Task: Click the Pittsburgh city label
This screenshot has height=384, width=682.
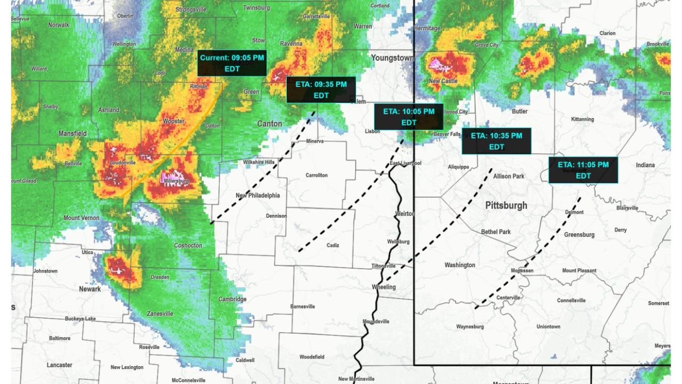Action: point(506,205)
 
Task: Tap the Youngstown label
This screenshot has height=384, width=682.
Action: point(393,58)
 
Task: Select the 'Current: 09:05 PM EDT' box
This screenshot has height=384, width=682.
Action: point(232,63)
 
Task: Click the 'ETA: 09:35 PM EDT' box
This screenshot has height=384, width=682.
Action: point(321,90)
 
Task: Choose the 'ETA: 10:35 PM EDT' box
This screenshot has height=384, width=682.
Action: point(496,141)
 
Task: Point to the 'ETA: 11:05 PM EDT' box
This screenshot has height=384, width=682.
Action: point(583,170)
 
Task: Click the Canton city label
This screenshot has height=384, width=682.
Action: point(270,124)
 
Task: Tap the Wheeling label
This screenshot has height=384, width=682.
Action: point(384,287)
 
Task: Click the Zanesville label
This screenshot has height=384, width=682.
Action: point(160,314)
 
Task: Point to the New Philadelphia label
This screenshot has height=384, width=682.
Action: point(258,195)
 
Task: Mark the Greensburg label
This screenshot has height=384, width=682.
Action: point(579,235)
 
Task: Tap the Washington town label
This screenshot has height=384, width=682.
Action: point(460,265)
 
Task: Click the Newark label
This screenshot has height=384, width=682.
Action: point(90,289)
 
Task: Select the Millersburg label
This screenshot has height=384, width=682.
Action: point(177,181)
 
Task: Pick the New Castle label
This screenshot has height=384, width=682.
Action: point(443,81)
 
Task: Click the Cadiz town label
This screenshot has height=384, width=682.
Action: point(332,245)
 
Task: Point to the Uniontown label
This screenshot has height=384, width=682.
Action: point(548,326)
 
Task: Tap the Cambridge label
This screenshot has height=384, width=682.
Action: point(232,299)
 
